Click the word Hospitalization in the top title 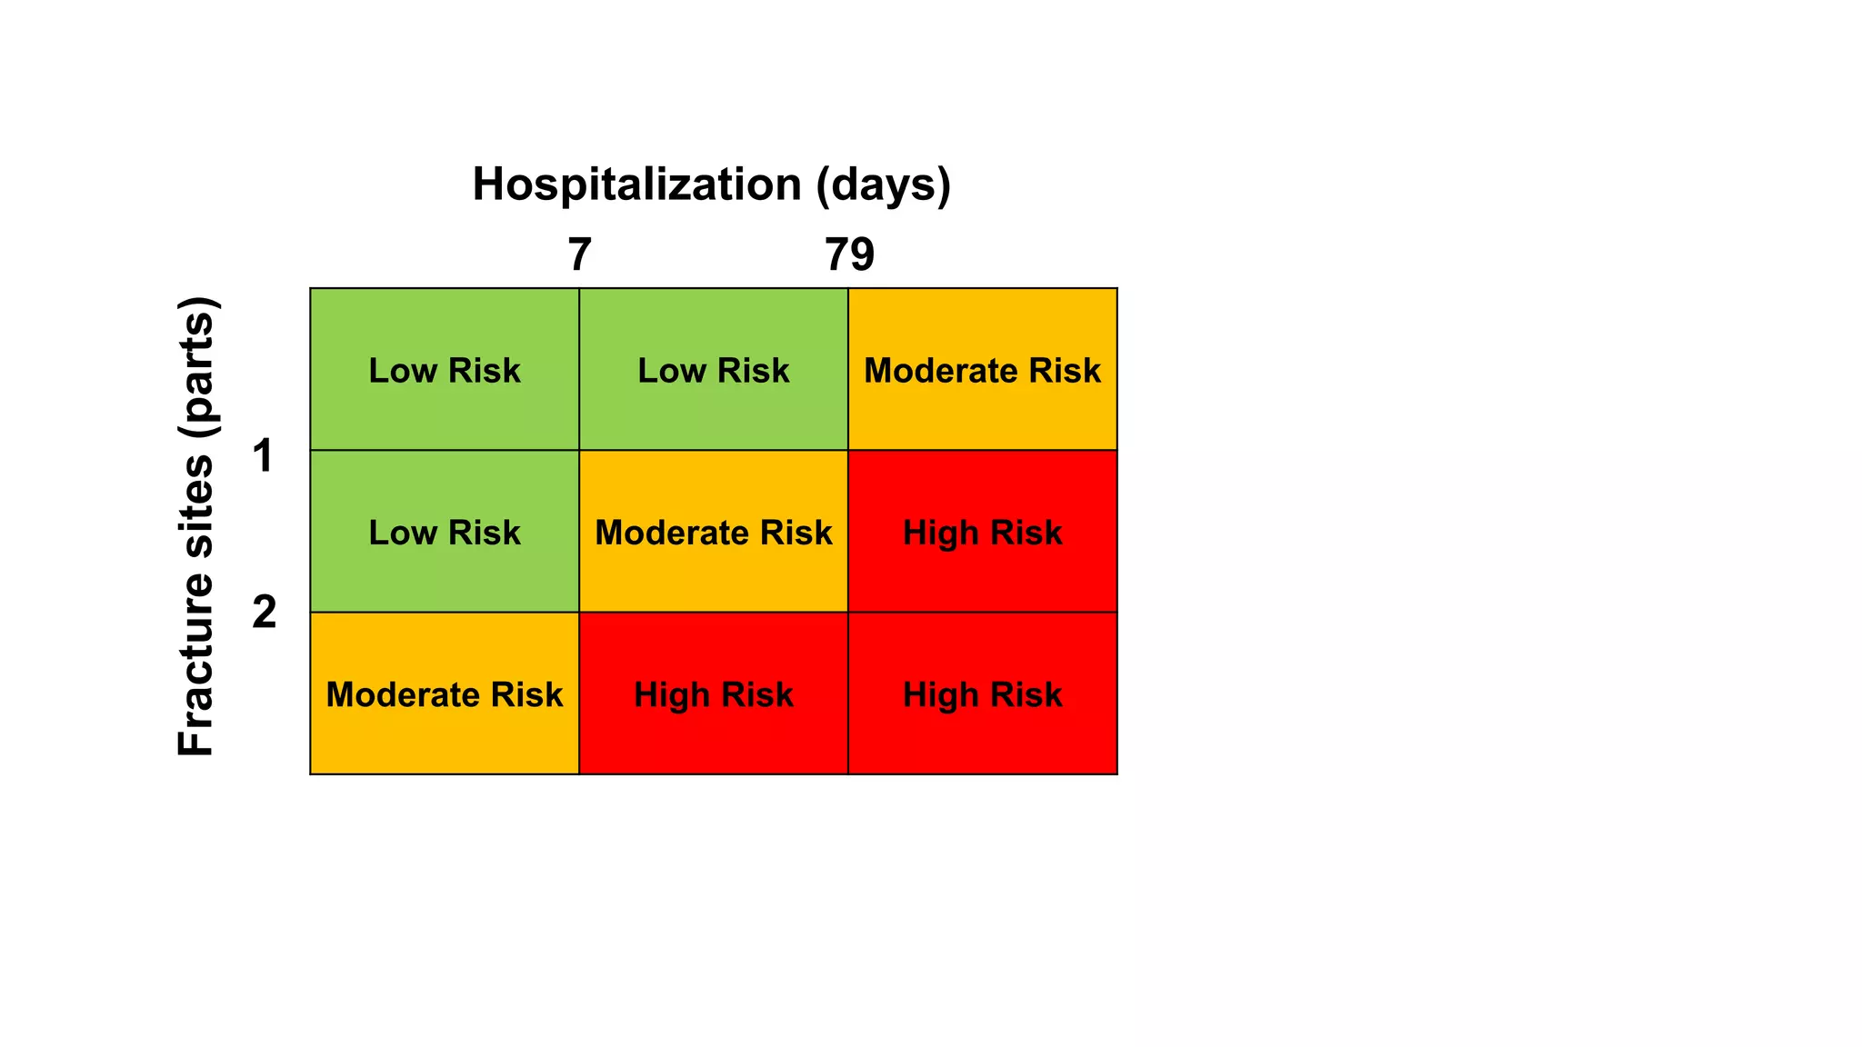(x=636, y=184)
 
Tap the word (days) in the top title (x=883, y=184)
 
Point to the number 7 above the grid (x=580, y=254)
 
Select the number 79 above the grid (x=849, y=254)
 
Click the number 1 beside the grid (x=264, y=455)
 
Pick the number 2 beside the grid (x=264, y=612)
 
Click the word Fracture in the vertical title (x=195, y=667)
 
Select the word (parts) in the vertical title (x=195, y=369)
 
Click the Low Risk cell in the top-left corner (x=445, y=369)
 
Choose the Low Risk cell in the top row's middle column (x=714, y=369)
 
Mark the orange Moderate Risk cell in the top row (x=983, y=369)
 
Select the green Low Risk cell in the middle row (x=445, y=532)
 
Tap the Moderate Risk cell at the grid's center (x=714, y=532)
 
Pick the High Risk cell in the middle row (x=983, y=532)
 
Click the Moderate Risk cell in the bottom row (x=445, y=693)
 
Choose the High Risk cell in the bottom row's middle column (x=714, y=693)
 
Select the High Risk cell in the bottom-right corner (x=983, y=693)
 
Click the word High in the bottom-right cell (x=940, y=695)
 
